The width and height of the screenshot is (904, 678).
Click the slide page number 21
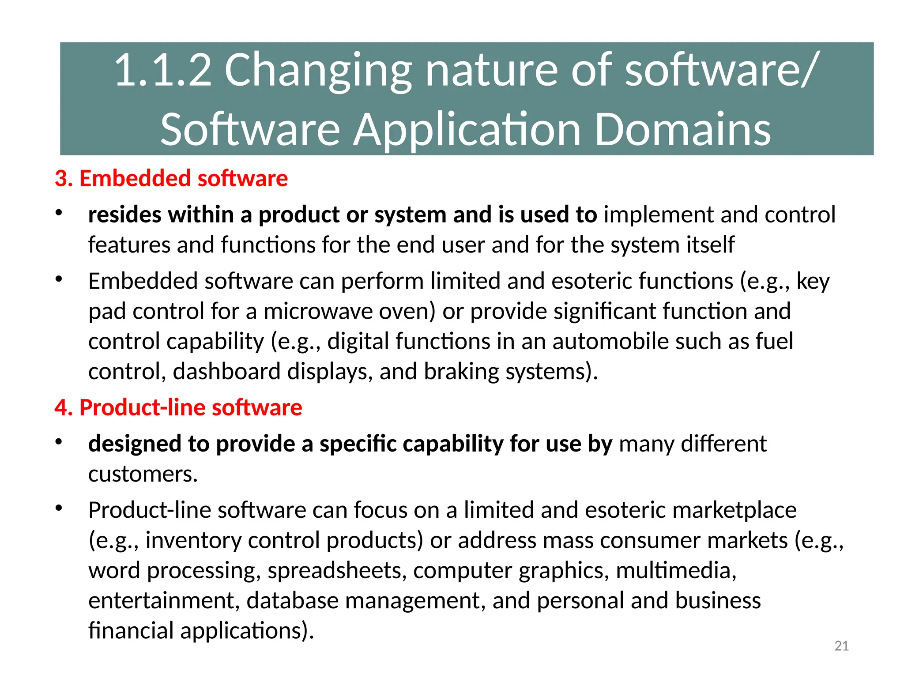click(x=841, y=646)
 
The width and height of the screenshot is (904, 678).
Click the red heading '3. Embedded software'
click(x=171, y=178)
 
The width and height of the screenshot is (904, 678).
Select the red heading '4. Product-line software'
click(x=178, y=407)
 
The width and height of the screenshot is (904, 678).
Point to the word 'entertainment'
click(x=164, y=600)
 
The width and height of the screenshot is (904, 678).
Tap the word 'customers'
click(x=143, y=474)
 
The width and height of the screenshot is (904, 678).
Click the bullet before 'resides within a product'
click(x=59, y=213)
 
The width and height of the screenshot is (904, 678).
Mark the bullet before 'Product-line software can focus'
click(x=59, y=508)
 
